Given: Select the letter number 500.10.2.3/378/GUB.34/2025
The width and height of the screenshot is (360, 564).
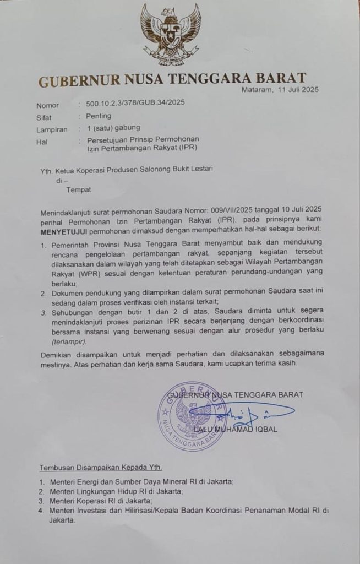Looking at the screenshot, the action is [132, 103].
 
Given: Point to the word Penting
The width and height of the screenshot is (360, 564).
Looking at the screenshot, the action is [99, 116].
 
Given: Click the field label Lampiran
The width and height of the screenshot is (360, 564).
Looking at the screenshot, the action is [52, 130].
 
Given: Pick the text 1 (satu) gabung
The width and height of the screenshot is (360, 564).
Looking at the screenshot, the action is [113, 128].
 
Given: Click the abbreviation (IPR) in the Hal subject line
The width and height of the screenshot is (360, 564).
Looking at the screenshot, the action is [187, 148].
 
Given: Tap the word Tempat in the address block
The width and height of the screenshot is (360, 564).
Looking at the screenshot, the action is [79, 189].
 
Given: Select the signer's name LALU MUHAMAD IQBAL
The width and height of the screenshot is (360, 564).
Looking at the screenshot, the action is [235, 429].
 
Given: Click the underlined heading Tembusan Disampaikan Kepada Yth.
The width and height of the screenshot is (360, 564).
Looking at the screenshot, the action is [100, 468].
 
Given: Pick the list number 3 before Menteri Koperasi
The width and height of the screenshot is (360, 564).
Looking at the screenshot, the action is [41, 501].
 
